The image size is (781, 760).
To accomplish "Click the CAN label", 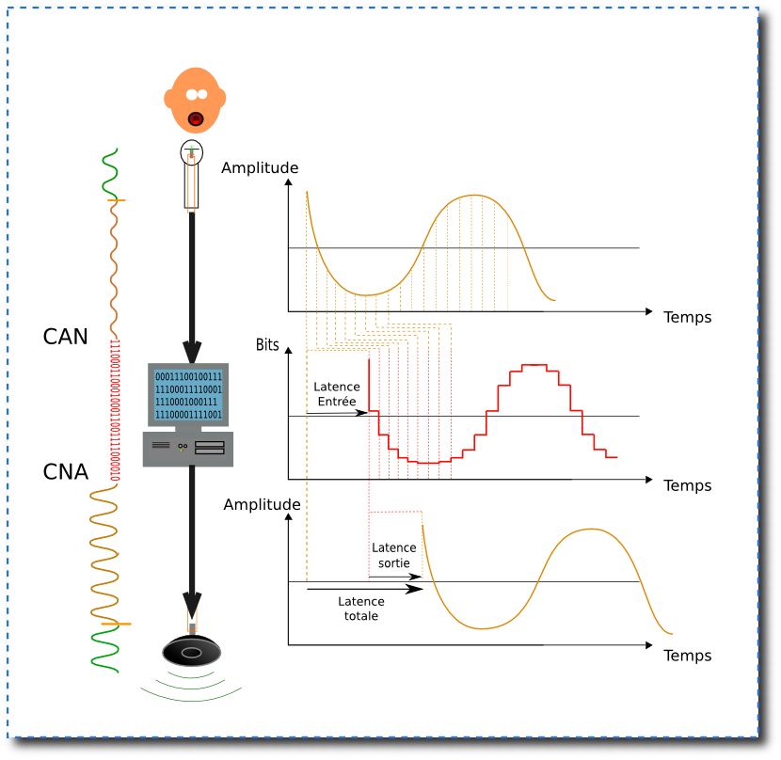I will point(66,336).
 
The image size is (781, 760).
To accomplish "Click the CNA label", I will point(66,472).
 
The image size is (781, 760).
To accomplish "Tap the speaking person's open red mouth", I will point(196,119).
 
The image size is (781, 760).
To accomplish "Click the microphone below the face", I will point(192,174).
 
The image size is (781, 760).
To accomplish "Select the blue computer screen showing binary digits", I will point(188,396).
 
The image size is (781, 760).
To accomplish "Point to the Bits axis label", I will point(268,345).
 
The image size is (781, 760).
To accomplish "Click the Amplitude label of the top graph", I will point(260,168).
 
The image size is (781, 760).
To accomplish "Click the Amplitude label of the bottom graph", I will point(263,505).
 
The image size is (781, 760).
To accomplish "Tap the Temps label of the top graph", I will point(688,317).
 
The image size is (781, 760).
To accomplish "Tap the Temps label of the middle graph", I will point(688,486).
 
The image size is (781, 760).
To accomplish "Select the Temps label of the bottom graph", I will point(688,656).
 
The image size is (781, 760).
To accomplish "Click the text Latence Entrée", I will point(337,394).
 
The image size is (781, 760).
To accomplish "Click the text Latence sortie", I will point(394,556).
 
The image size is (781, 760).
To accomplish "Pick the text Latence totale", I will point(361,609).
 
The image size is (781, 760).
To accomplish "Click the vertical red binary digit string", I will point(116,409).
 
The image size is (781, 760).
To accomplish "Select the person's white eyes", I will point(196,94).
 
